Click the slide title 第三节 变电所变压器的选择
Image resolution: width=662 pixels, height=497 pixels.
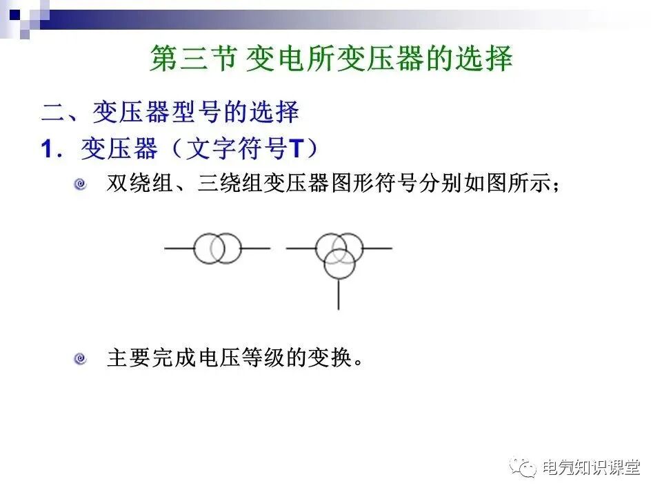coord(331,59)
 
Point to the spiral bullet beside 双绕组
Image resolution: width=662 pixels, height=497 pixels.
coord(81,184)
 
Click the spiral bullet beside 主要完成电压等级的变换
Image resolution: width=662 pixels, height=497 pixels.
coord(81,358)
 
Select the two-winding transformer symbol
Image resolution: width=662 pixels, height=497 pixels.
coord(217,248)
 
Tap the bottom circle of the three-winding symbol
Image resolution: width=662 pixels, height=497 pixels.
coord(339,264)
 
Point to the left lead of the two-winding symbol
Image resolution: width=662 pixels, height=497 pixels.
coord(179,248)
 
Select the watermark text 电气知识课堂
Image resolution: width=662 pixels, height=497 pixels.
coord(591,467)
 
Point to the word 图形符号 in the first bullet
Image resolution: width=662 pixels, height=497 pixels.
coord(375,184)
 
